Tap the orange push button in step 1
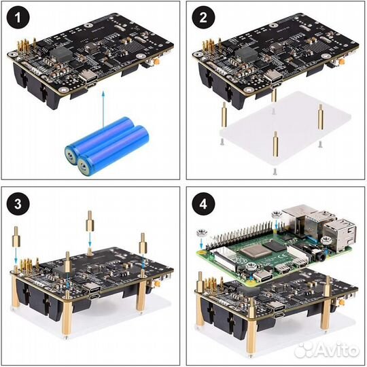[x=156, y=63]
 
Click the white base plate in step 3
[x=102, y=326]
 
